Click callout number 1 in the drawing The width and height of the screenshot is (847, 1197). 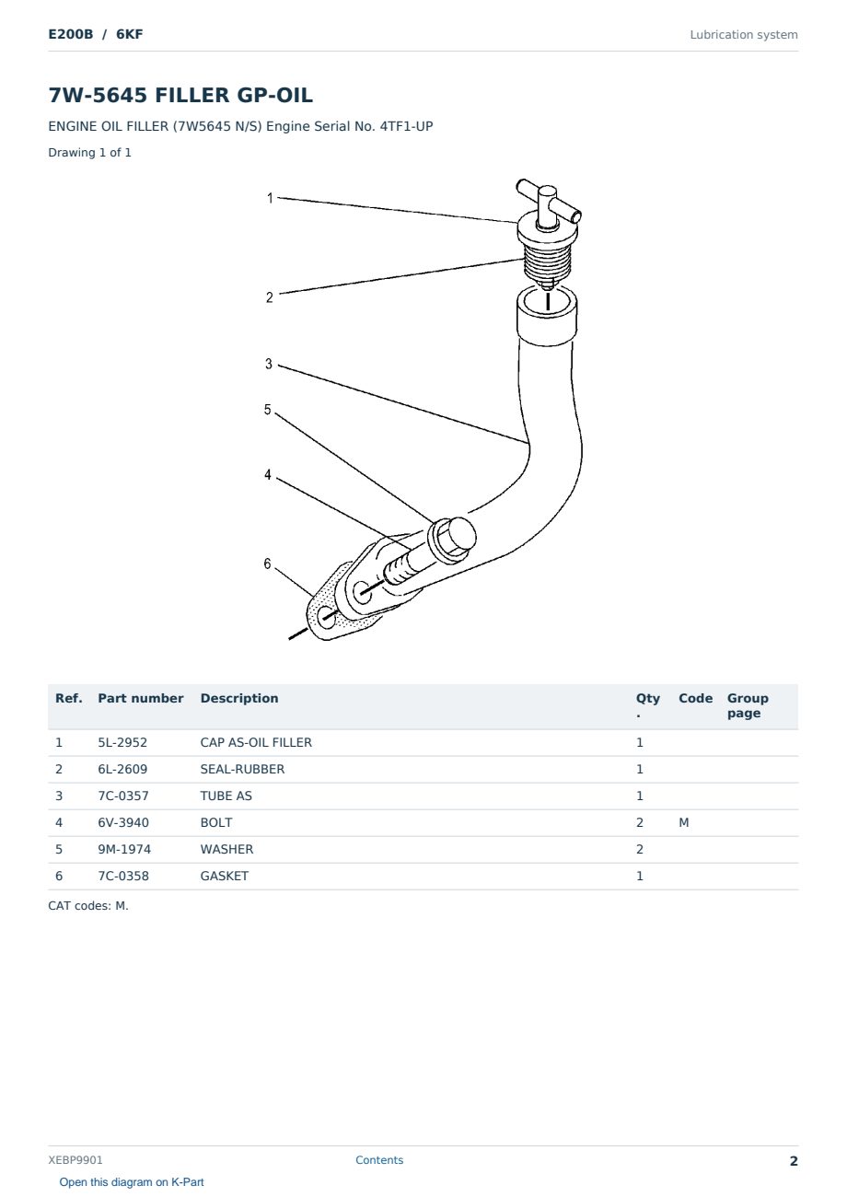(x=270, y=198)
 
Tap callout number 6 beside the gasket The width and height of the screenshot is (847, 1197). (x=267, y=564)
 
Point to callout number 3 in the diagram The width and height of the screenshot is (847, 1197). (x=269, y=364)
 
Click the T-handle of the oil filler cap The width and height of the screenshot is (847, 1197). (x=549, y=203)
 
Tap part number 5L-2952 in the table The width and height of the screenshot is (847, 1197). (x=122, y=742)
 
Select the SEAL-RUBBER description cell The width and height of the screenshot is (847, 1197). (x=242, y=769)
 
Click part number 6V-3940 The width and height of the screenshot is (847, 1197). (x=123, y=822)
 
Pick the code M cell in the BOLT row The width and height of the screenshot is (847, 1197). (x=683, y=822)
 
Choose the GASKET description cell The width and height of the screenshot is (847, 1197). (x=224, y=876)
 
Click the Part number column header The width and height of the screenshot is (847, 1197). (x=141, y=699)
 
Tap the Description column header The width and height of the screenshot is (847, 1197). (x=239, y=699)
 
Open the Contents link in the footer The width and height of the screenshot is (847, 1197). (x=379, y=1159)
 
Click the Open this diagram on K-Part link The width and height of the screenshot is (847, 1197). (x=132, y=1182)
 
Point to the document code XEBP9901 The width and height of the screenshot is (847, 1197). (x=75, y=1160)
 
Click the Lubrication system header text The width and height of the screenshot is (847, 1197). (x=744, y=35)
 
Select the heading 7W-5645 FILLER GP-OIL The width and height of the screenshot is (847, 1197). (x=180, y=95)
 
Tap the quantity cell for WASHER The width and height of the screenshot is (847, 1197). (x=640, y=849)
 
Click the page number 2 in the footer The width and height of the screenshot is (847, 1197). (x=794, y=1161)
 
